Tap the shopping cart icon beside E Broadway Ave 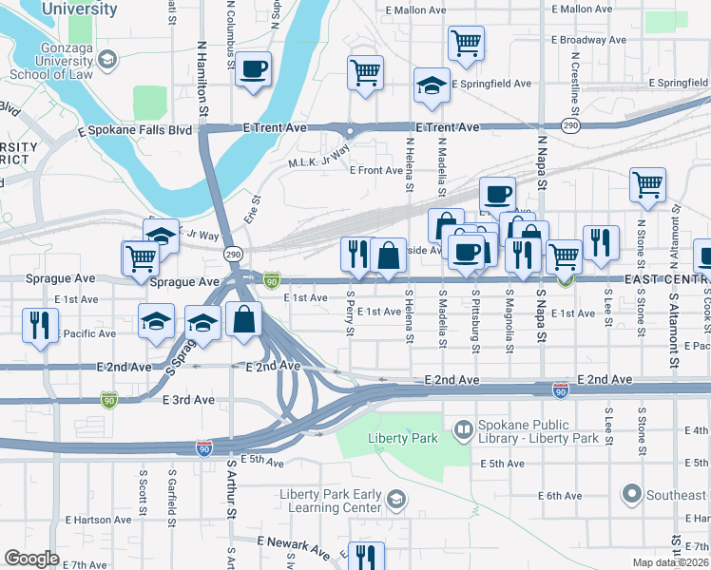pyautogui.click(x=466, y=42)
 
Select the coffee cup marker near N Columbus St pyautogui.click(x=254, y=69)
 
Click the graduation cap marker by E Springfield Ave pyautogui.click(x=432, y=85)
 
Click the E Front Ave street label pyautogui.click(x=376, y=171)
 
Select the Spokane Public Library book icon pyautogui.click(x=463, y=430)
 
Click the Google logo pyautogui.click(x=31, y=559)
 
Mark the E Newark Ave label pyautogui.click(x=293, y=546)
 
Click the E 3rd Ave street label pyautogui.click(x=188, y=400)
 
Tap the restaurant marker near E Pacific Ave pyautogui.click(x=39, y=324)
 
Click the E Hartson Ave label pyautogui.click(x=99, y=520)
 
